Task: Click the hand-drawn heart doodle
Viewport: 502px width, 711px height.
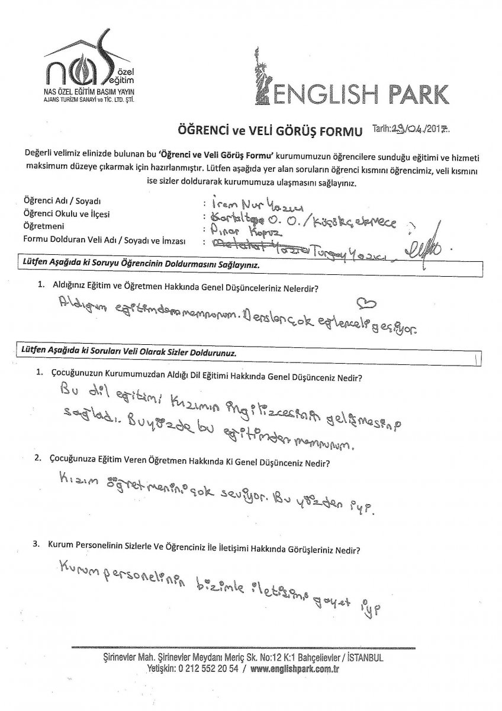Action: tap(367, 304)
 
